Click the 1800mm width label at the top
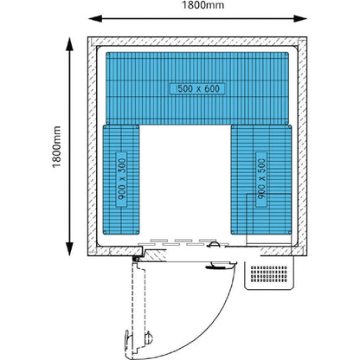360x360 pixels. click(x=202, y=5)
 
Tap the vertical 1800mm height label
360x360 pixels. click(x=56, y=146)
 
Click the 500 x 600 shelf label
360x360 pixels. click(x=198, y=88)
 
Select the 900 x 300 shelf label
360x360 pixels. click(x=122, y=179)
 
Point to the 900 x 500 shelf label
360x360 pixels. click(x=261, y=179)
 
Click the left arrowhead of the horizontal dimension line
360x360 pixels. click(x=95, y=19)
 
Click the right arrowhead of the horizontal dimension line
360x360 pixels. click(x=300, y=19)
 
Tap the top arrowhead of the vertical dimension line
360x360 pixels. click(x=69, y=44)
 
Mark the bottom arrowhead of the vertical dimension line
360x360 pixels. click(x=69, y=249)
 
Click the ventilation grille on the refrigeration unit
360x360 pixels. click(x=269, y=274)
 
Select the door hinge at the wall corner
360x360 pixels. click(x=135, y=259)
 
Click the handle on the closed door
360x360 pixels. click(x=219, y=266)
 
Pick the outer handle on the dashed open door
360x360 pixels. click(x=127, y=341)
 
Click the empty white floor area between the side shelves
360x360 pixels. click(x=185, y=182)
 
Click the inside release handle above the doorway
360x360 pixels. click(x=214, y=245)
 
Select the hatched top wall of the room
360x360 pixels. click(x=197, y=42)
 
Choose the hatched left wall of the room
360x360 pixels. click(x=93, y=146)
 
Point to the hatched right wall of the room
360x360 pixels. click(x=302, y=146)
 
